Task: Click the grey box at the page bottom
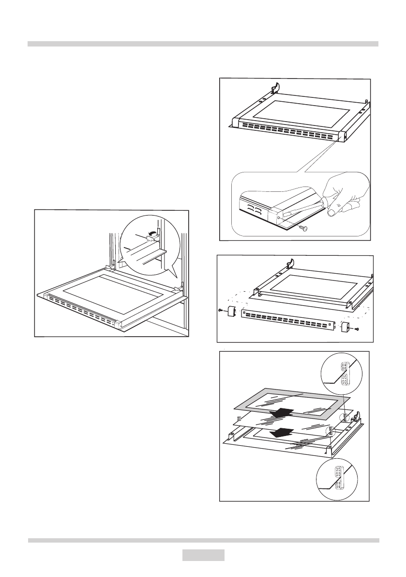pyautogui.click(x=203, y=555)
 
